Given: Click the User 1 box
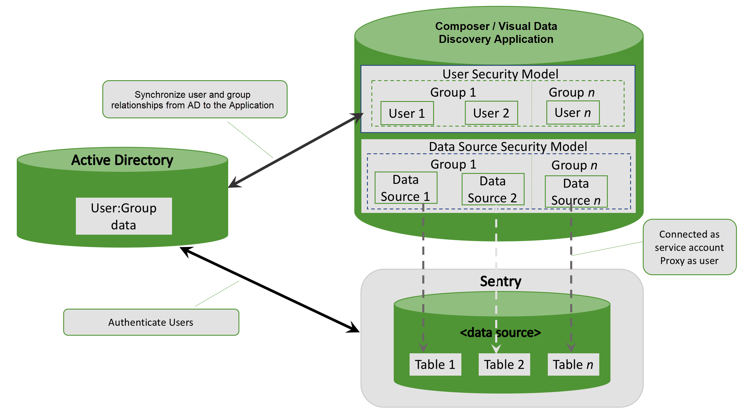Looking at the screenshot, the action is pyautogui.click(x=407, y=113).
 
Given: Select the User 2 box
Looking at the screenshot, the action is pyautogui.click(x=491, y=113).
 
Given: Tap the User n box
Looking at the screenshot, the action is pyautogui.click(x=573, y=112).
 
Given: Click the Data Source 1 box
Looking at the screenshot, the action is pyautogui.click(x=406, y=188).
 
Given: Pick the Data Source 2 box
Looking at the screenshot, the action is pyautogui.click(x=493, y=189).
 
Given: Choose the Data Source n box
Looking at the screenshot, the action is pyautogui.click(x=576, y=191).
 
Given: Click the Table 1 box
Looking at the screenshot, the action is pyautogui.click(x=435, y=364).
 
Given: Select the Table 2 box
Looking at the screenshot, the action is pyautogui.click(x=504, y=364).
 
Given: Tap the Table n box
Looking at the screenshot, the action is pyautogui.click(x=573, y=364).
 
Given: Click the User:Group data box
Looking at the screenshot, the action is pyautogui.click(x=124, y=216).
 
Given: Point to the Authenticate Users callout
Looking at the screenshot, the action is pyautogui.click(x=151, y=322).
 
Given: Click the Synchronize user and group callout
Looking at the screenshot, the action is pyautogui.click(x=195, y=99).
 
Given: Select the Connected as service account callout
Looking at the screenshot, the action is pyautogui.click(x=690, y=247).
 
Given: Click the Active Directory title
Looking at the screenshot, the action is pyautogui.click(x=122, y=160).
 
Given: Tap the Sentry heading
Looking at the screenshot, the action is pyautogui.click(x=501, y=281).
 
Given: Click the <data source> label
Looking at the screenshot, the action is pyautogui.click(x=500, y=333).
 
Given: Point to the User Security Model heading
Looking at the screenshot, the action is pyautogui.click(x=500, y=74).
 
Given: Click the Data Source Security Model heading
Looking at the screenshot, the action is pyautogui.click(x=508, y=147).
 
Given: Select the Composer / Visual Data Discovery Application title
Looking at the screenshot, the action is pyautogui.click(x=496, y=33).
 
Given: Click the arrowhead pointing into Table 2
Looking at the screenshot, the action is pyautogui.click(x=496, y=349).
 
